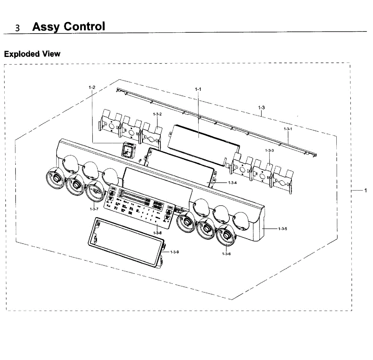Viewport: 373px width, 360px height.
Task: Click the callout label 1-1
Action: point(198,89)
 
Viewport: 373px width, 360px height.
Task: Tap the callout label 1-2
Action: point(92,87)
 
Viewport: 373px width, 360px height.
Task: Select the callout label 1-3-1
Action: point(288,129)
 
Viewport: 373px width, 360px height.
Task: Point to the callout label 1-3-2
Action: point(157,114)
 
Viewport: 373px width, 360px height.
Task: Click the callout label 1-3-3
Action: point(269,151)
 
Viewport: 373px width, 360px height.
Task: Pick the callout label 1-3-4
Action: point(233,183)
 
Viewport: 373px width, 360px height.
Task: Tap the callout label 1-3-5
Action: point(283,229)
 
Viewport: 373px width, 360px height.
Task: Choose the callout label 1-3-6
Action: point(226,254)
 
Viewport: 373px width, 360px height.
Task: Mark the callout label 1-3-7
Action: point(94,209)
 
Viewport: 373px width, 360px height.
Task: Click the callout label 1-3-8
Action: point(158,233)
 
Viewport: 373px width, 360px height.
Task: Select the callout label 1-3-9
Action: point(175,252)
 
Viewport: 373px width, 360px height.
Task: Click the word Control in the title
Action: point(84,26)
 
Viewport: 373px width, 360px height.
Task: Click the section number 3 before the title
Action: point(18,28)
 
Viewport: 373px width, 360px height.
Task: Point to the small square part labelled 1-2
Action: point(127,151)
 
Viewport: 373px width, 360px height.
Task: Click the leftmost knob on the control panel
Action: point(55,178)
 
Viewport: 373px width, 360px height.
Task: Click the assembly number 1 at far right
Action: point(366,190)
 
